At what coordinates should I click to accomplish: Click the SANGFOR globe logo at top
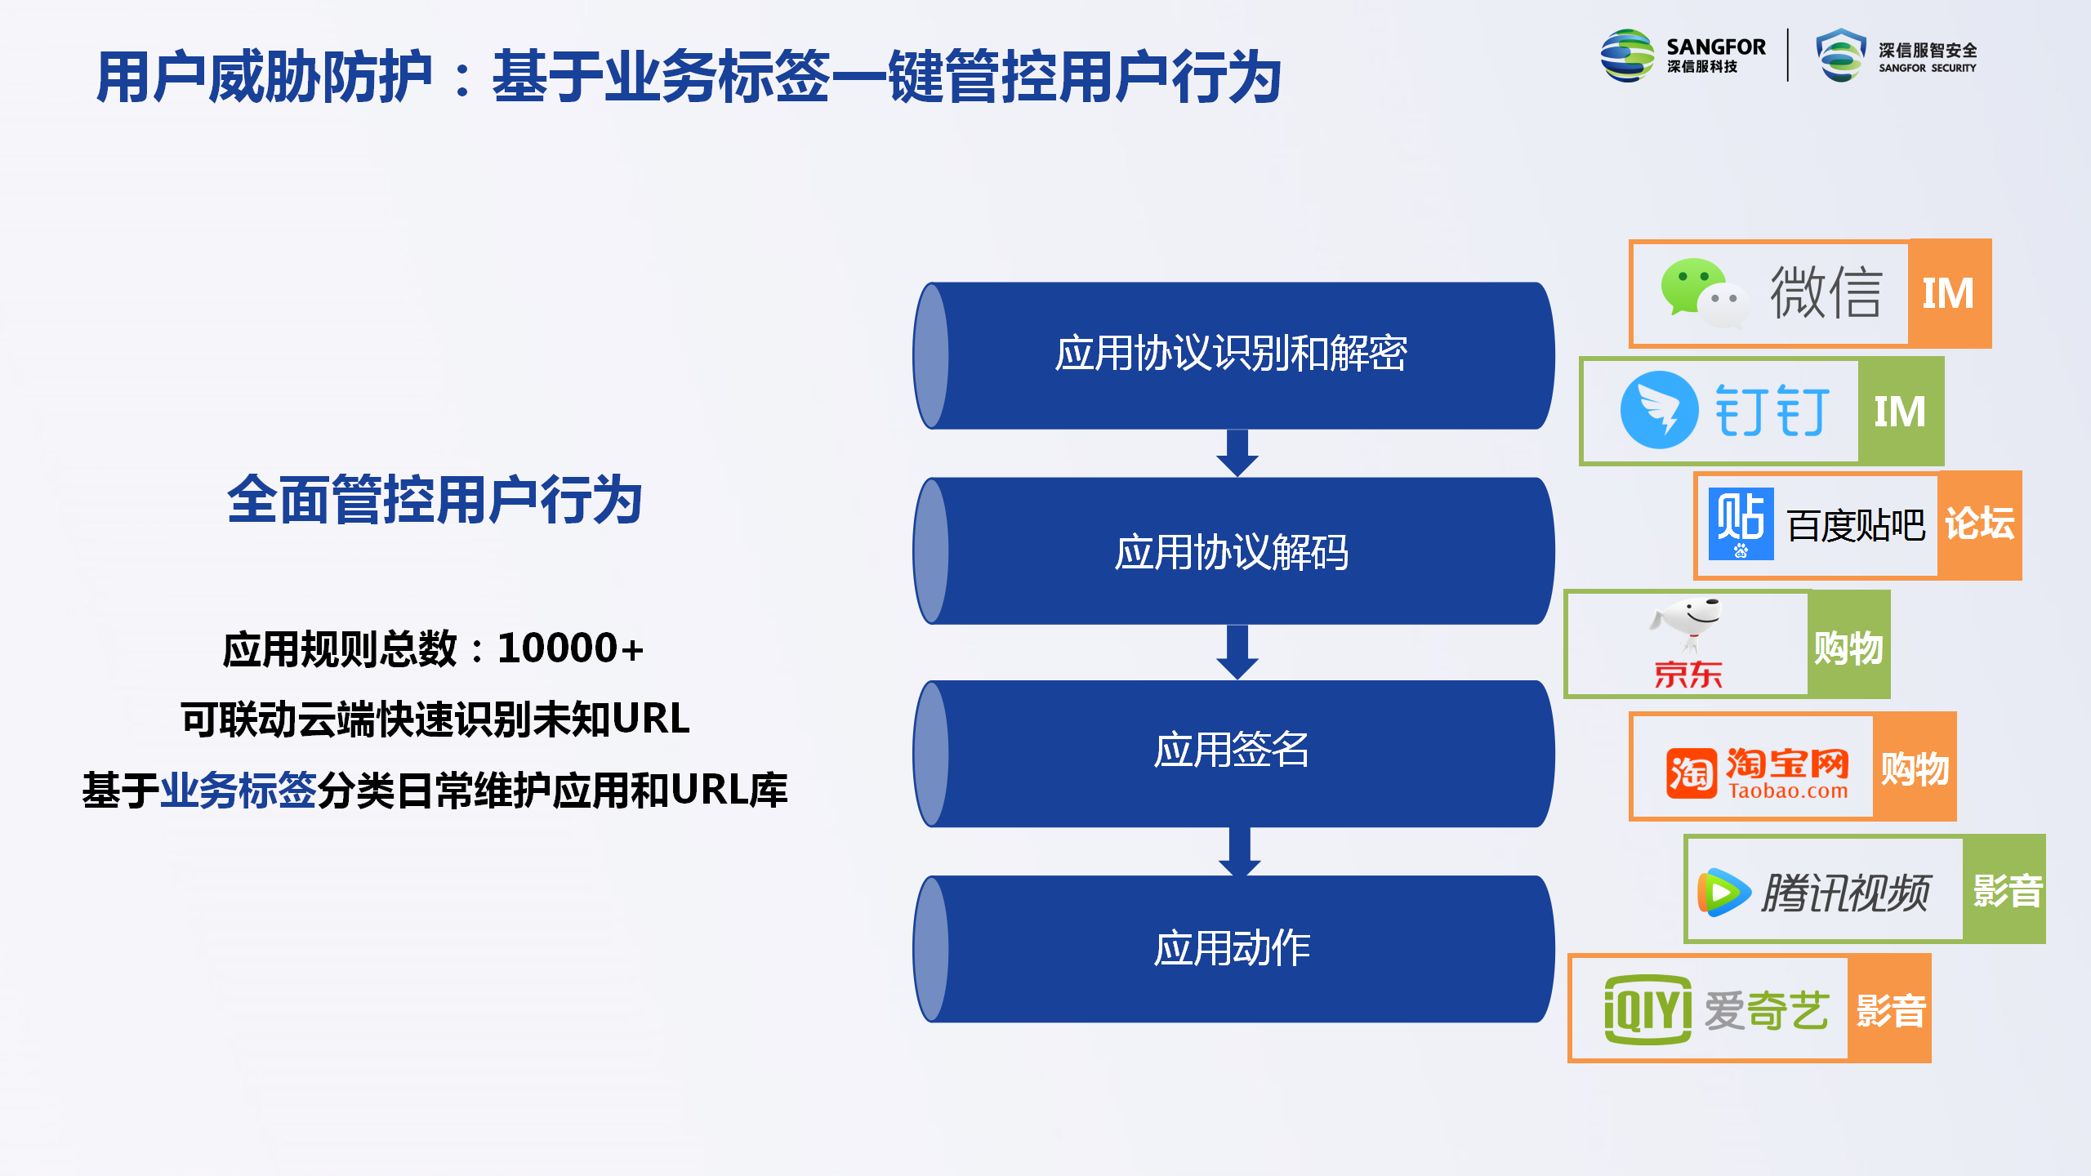pyautogui.click(x=1627, y=56)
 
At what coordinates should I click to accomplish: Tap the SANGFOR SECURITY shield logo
pyautogui.click(x=1841, y=56)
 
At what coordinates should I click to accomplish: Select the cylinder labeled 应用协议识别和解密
pyautogui.click(x=1233, y=355)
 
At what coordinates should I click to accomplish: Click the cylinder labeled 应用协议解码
pyautogui.click(x=1233, y=551)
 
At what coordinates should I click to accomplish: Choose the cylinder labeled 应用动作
pyautogui.click(x=1233, y=949)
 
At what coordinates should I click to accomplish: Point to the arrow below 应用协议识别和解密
pyautogui.click(x=1237, y=453)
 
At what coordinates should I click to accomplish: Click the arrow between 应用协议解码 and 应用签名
pyautogui.click(x=1237, y=652)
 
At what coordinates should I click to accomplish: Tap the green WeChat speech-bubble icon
pyautogui.click(x=1704, y=294)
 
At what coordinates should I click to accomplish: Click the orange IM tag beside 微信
pyautogui.click(x=1950, y=294)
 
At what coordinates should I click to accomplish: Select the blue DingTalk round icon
pyautogui.click(x=1660, y=410)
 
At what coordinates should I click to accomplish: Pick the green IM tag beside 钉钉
pyautogui.click(x=1901, y=411)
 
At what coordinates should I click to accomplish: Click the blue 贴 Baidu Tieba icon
pyautogui.click(x=1741, y=523)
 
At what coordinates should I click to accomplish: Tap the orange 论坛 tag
pyautogui.click(x=1979, y=525)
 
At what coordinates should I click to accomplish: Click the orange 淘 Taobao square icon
pyautogui.click(x=1691, y=773)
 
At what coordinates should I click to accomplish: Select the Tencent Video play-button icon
pyautogui.click(x=1723, y=893)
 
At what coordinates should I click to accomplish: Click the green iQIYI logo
pyautogui.click(x=1647, y=1009)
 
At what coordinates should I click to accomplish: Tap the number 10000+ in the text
pyautogui.click(x=570, y=648)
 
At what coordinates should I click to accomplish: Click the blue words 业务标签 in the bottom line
pyautogui.click(x=238, y=791)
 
